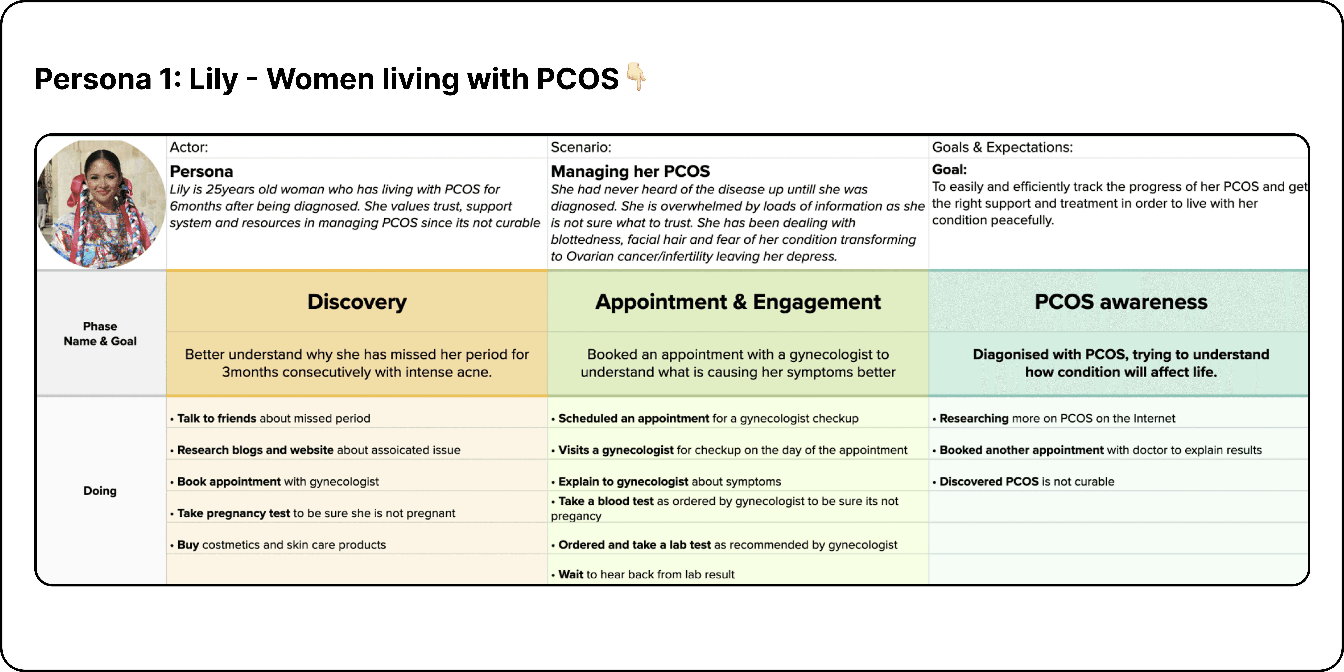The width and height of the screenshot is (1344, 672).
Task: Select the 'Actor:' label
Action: [188, 147]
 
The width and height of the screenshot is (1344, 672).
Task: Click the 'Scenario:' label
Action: [581, 147]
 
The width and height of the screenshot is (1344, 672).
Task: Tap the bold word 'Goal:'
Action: [949, 170]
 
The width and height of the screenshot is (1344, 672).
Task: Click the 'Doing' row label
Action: [100, 490]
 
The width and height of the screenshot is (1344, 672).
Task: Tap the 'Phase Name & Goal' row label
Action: [100, 333]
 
